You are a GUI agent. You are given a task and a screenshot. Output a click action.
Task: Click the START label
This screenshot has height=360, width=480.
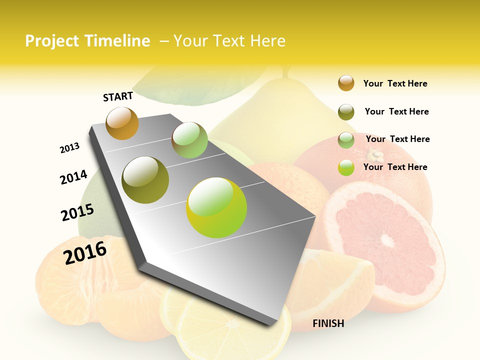point(118,96)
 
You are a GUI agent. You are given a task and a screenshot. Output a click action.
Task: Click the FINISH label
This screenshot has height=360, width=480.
point(328,323)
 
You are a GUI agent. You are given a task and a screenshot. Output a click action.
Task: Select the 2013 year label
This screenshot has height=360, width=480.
point(69,147)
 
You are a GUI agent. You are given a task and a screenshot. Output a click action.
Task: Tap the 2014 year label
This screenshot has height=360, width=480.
point(73,177)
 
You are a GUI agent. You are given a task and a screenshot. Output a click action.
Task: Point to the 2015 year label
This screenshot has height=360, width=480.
point(77,212)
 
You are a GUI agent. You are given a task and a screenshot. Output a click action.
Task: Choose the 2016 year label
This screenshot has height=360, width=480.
point(85,252)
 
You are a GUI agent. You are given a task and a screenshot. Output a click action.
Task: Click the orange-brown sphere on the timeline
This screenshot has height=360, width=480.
point(122,123)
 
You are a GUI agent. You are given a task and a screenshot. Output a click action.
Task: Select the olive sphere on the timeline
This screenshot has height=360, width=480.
point(145,180)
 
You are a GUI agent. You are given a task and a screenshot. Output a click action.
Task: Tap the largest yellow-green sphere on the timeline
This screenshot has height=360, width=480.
point(216,207)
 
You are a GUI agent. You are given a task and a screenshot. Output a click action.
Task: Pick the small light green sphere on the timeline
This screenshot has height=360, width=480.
point(189,140)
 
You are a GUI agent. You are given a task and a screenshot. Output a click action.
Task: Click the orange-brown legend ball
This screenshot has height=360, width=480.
point(346,83)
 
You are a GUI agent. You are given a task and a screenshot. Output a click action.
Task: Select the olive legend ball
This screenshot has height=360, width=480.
point(346,111)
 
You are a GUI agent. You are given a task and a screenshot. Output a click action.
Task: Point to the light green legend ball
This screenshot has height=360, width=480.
point(346,140)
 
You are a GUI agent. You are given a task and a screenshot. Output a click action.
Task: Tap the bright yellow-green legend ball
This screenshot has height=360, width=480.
point(346,167)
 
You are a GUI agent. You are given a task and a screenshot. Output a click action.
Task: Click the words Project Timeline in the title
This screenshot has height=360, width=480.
point(87,41)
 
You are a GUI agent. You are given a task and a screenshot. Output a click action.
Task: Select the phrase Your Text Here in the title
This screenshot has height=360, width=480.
point(229,41)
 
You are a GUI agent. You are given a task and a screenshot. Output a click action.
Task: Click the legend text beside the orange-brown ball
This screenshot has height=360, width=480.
point(395,83)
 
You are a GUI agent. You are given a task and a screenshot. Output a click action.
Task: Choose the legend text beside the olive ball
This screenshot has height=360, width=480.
point(396,111)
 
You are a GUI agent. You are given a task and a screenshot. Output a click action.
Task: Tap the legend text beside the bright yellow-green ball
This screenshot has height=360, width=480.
point(395,167)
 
